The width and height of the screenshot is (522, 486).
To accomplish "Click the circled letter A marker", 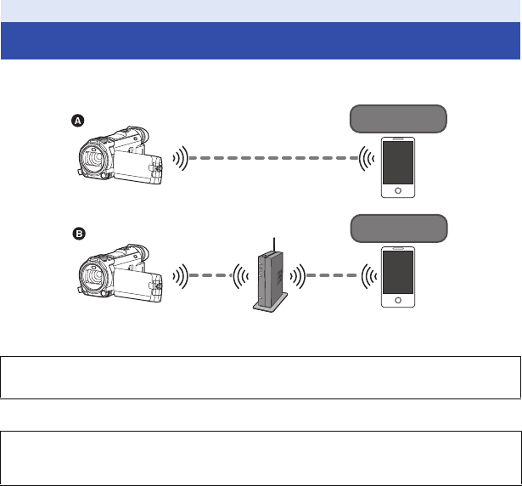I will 77,121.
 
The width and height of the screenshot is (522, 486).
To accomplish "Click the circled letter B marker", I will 77,232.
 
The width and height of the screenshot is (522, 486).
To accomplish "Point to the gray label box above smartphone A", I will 398,117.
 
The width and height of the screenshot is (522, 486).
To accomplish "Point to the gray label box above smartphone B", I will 398,229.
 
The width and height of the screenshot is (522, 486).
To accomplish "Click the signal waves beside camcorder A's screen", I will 179,159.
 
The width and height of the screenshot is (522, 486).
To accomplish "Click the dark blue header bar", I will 261,41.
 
